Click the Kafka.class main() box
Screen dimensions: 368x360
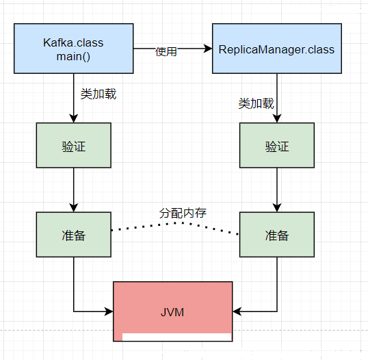tap(74, 49)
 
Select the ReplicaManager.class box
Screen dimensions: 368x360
tap(277, 49)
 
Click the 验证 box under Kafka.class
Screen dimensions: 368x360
tap(74, 145)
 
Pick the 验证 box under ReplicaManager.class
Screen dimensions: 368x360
tap(277, 145)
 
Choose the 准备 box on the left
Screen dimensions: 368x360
tap(74, 235)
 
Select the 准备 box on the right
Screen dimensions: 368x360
tap(277, 235)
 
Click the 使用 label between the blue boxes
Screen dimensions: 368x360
tap(166, 51)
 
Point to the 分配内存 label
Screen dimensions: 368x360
tap(183, 213)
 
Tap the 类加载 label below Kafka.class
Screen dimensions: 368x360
tap(98, 94)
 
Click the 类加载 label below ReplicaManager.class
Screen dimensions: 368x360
tap(256, 103)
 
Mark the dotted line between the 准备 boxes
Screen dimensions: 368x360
tap(175, 223)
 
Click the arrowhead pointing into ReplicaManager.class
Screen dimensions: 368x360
tap(208, 49)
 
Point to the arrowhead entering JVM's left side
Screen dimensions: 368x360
tap(109, 311)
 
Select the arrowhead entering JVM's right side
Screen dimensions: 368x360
tap(237, 311)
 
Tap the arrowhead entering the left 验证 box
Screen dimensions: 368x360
tap(74, 118)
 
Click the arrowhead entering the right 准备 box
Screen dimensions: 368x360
tap(277, 208)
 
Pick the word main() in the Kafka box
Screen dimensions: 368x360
tap(73, 57)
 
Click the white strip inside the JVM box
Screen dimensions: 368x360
tap(176, 337)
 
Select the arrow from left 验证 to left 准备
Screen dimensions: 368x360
tap(74, 190)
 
